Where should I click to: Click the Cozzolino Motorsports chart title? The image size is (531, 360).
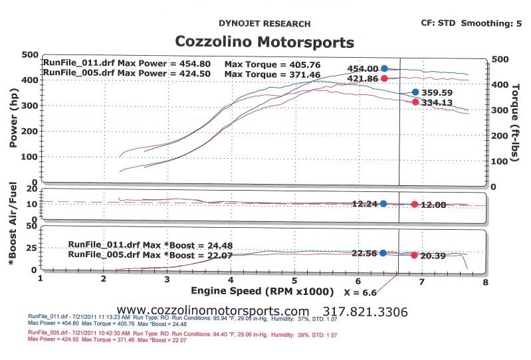coord(264,43)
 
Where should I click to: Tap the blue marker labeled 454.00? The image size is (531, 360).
coord(384,68)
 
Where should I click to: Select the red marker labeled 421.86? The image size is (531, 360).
coord(384,78)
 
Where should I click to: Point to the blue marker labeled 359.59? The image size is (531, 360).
coord(415,92)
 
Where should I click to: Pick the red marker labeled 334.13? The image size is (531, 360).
coord(415,102)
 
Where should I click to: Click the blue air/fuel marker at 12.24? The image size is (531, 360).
coord(383,204)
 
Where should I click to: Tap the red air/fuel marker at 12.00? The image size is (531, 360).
coord(415,205)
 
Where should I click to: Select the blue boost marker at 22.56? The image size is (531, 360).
coord(383,253)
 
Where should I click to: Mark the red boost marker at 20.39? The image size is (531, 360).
coord(415,255)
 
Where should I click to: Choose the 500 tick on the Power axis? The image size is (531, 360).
coord(29,55)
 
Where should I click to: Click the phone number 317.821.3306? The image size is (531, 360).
coord(365,312)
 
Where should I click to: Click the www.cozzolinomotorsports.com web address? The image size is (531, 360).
coord(213,312)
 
